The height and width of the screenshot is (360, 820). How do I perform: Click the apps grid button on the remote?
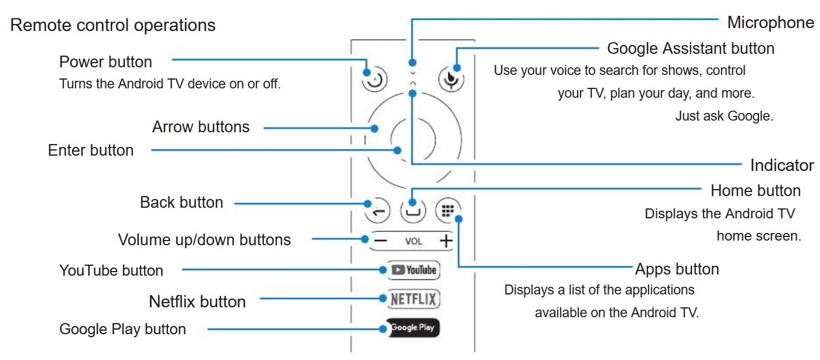coord(448,210)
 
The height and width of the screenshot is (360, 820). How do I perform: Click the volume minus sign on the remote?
coord(381,240)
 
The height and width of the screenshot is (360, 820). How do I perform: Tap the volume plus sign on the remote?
coord(446,240)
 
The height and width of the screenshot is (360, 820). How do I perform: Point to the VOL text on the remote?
coord(413,241)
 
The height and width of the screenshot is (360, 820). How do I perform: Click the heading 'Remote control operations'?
coord(113,26)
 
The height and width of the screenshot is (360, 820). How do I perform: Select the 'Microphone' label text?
coord(770,23)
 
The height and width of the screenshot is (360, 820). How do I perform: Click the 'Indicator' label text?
coord(781,166)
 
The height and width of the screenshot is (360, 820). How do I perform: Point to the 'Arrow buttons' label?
coord(201,127)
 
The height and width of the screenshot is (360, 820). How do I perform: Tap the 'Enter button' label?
coord(91,150)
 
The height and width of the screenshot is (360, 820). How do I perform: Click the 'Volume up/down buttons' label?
coord(204,240)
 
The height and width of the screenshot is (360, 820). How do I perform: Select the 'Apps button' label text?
coord(677,269)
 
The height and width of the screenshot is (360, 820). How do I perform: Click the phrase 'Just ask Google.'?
coord(724,116)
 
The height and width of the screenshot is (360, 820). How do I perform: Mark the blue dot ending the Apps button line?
coord(459,219)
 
